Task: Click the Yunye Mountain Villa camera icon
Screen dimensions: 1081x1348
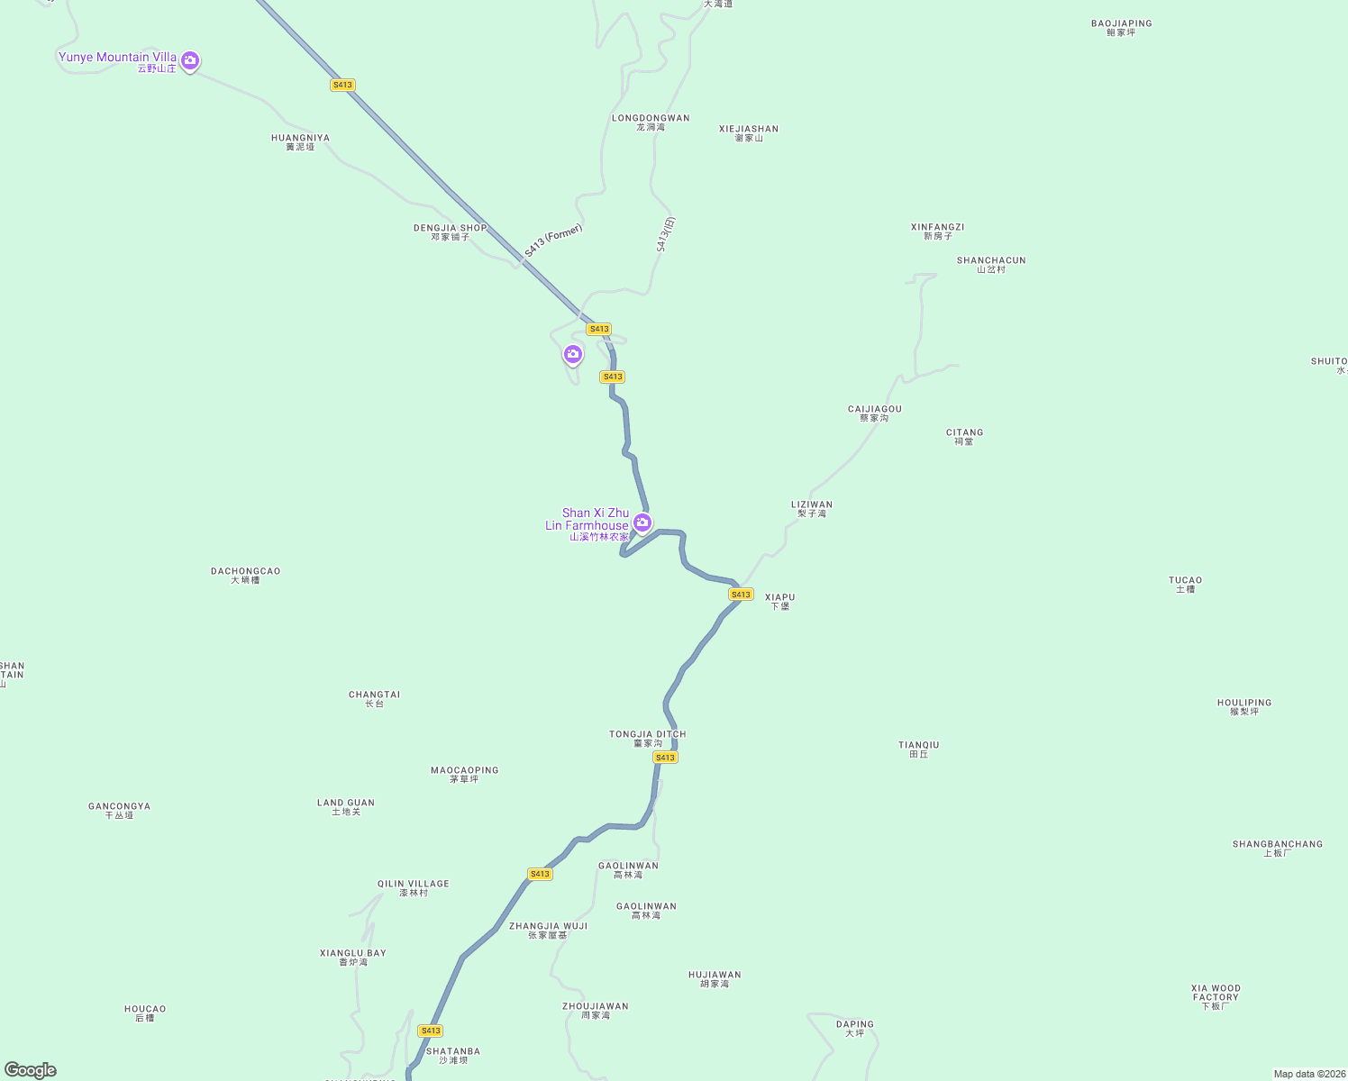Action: tap(189, 60)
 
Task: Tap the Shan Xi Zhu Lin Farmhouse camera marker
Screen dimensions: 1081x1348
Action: tap(642, 522)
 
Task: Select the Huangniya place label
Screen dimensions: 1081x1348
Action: tap(300, 142)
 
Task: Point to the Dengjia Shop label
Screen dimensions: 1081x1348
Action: tap(450, 232)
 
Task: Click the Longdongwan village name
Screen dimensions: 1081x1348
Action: tap(651, 123)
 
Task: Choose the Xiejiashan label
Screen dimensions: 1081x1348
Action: tap(748, 133)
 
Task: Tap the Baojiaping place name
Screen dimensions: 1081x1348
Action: tap(1121, 28)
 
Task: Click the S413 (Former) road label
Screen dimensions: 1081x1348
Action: tap(553, 241)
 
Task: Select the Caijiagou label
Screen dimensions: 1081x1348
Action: tap(874, 413)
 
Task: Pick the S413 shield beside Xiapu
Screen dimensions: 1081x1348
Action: tap(741, 595)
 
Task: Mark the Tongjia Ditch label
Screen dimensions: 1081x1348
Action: tap(647, 739)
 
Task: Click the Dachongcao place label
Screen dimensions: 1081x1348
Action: tap(245, 576)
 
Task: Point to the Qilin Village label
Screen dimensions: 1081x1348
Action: tap(413, 888)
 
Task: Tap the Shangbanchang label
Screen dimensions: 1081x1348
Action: tap(1277, 849)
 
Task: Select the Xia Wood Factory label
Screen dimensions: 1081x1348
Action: tap(1216, 996)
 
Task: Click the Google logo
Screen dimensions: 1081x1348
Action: tap(31, 1070)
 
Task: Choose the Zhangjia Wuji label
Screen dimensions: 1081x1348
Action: tap(548, 931)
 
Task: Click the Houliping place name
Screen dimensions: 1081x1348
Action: tap(1243, 707)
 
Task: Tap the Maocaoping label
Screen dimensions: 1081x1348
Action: tap(464, 775)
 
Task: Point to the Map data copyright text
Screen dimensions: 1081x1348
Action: tap(1308, 1074)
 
